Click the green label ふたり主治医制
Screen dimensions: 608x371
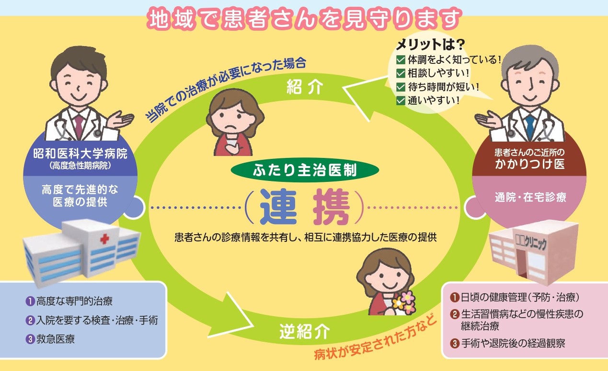point(304,171)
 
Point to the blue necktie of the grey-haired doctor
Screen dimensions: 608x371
point(529,126)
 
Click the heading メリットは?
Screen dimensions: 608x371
point(430,45)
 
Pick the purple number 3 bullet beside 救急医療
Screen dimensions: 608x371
point(30,339)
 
